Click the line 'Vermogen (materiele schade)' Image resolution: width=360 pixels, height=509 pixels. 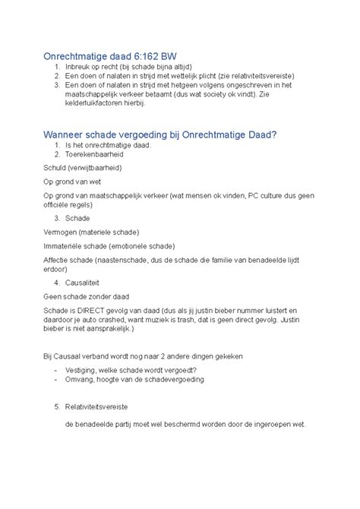[x=90, y=231]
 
